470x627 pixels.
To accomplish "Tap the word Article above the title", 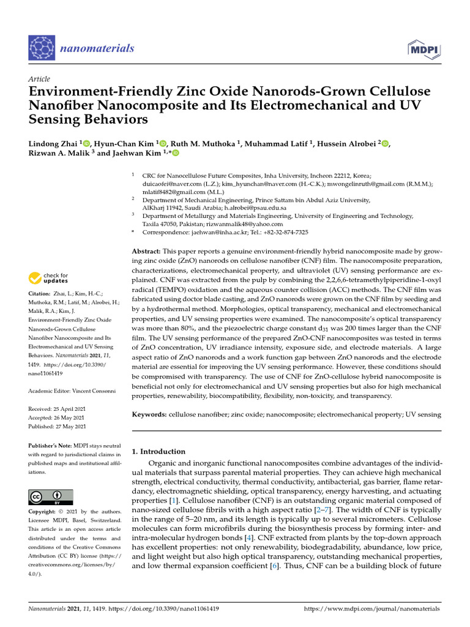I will pyautogui.click(x=39, y=79).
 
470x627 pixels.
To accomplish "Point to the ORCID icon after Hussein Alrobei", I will pyautogui.click(x=385, y=143).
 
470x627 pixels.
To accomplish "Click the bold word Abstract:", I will pyautogui.click(x=147, y=252).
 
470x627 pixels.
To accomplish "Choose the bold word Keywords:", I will pyautogui.click(x=149, y=415).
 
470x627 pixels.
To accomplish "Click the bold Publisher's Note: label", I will pyautogui.click(x=51, y=446).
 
